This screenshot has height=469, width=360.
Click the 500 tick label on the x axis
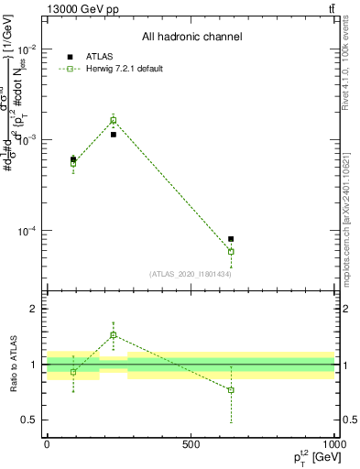point(191,444)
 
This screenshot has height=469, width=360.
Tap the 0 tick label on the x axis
point(47,444)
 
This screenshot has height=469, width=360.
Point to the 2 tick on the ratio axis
point(36,310)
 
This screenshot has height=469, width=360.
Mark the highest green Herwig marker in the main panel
point(114,120)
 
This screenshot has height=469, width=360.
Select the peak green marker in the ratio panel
point(114,335)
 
